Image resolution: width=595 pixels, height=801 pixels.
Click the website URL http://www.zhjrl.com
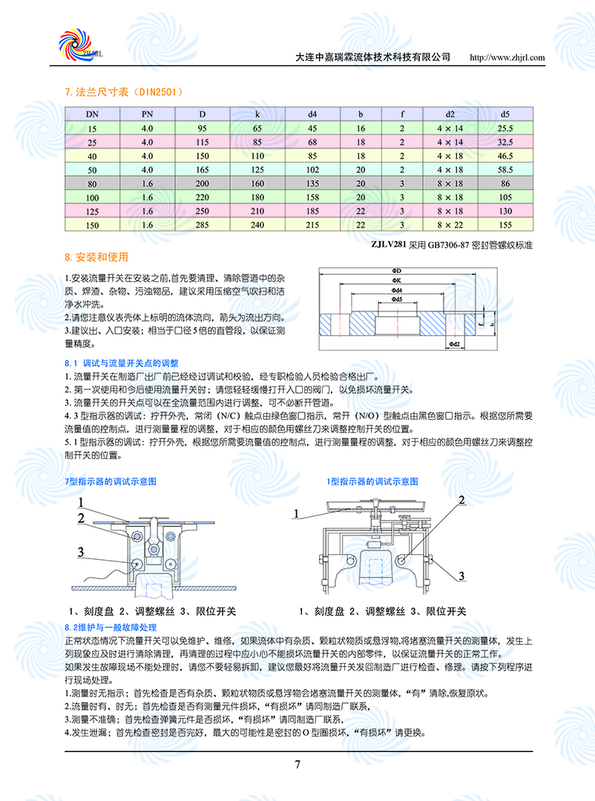pos(508,57)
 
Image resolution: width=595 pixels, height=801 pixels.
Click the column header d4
pos(312,114)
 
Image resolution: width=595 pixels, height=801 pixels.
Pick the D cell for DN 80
pos(203,183)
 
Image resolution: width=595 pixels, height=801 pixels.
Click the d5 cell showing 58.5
pos(505,169)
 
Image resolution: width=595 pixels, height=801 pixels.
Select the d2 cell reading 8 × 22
pos(450,224)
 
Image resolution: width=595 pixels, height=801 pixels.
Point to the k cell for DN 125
pos(257,211)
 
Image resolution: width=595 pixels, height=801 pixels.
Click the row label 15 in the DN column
pos(92,128)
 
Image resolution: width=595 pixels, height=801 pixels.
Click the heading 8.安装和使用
pos(96,257)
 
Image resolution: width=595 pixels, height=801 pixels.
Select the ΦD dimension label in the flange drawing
pos(396,271)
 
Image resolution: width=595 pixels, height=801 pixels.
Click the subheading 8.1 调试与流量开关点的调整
pos(122,363)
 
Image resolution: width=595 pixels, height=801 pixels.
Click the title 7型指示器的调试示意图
pos(111,481)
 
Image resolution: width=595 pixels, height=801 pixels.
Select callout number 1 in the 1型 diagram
pos(295,513)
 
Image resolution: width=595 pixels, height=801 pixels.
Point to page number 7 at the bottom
pos(297,765)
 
